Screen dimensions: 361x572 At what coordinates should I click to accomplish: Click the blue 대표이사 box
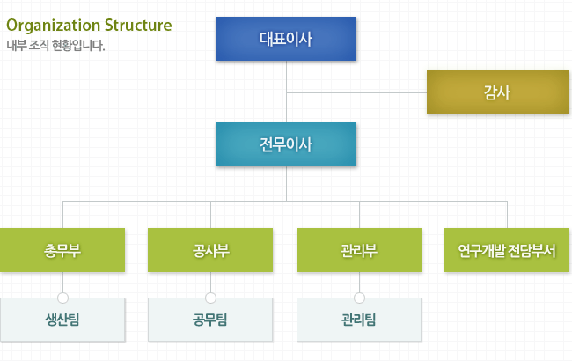click(286, 39)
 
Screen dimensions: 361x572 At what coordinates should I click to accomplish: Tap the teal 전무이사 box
click(286, 144)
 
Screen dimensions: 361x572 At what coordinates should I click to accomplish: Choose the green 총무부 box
click(62, 250)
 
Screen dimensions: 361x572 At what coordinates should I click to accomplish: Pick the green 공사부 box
click(211, 250)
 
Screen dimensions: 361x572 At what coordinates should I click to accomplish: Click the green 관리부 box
click(359, 250)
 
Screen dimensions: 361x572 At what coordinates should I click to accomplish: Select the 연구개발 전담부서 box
click(507, 250)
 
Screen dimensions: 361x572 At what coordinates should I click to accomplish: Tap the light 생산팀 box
click(62, 319)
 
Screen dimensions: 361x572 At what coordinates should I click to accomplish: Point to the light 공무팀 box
click(211, 319)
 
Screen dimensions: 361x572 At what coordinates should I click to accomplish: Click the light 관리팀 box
click(359, 319)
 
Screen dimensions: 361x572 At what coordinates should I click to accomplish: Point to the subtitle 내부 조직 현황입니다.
click(55, 44)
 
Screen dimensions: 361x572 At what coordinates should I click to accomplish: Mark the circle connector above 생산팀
click(62, 297)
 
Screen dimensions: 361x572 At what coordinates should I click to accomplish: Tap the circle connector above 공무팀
click(211, 297)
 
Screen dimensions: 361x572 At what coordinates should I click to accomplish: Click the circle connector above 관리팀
click(359, 297)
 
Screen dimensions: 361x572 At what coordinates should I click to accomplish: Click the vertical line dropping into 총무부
click(62, 215)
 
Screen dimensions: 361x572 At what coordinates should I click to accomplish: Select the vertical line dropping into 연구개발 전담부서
click(507, 215)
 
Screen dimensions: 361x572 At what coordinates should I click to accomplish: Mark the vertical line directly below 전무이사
click(286, 183)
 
